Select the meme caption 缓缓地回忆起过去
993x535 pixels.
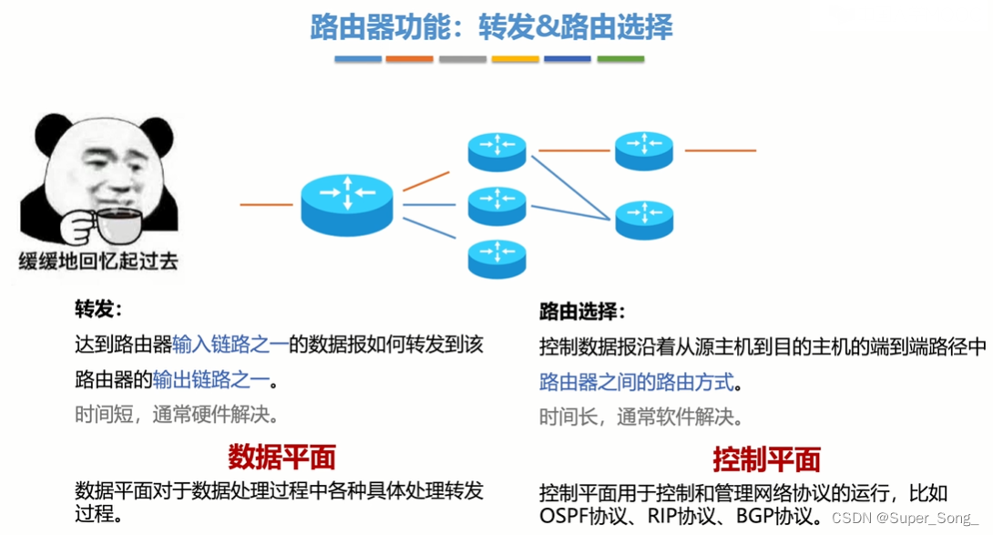click(98, 262)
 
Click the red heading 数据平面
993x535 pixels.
click(282, 456)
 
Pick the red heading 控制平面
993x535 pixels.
click(766, 458)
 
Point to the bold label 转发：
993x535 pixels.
click(98, 309)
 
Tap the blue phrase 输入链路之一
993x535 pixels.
click(230, 345)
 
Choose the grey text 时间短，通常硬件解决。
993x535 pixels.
click(177, 415)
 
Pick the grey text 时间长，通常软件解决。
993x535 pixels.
click(641, 417)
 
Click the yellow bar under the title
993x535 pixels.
click(515, 59)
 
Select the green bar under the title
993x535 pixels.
click(620, 59)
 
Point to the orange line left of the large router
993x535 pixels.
click(266, 204)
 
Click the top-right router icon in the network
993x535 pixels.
click(643, 149)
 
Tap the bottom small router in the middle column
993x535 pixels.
click(496, 258)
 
